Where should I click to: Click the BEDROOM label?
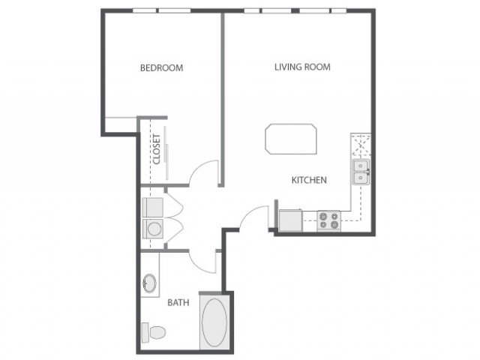pyautogui.click(x=162, y=67)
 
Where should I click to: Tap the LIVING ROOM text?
pyautogui.click(x=302, y=67)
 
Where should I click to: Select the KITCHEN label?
pyautogui.click(x=309, y=180)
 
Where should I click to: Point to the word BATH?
pyautogui.click(x=178, y=303)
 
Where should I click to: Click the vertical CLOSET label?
pyautogui.click(x=157, y=149)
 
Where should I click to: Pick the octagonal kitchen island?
pyautogui.click(x=291, y=139)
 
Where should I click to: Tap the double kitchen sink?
pyautogui.click(x=361, y=172)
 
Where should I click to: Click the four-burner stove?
pyautogui.click(x=328, y=220)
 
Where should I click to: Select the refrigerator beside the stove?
pyautogui.click(x=290, y=220)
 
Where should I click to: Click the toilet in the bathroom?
pyautogui.click(x=154, y=332)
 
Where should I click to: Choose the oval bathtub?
pyautogui.click(x=214, y=322)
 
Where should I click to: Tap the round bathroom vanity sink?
pyautogui.click(x=150, y=283)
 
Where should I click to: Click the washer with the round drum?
pyautogui.click(x=153, y=228)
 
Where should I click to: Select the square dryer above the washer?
pyautogui.click(x=153, y=208)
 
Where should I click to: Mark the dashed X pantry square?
pyautogui.click(x=361, y=145)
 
